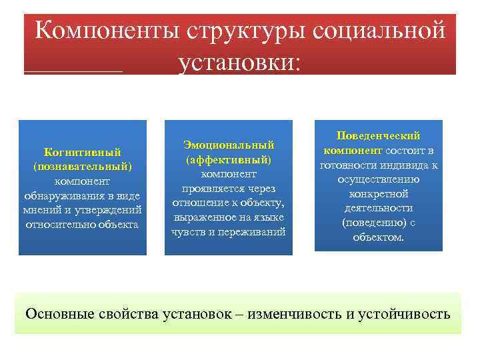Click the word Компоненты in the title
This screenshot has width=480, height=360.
click(107, 31)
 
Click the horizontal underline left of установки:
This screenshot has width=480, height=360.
click(73, 70)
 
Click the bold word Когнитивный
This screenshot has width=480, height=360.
click(82, 151)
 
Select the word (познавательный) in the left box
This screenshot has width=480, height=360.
click(82, 166)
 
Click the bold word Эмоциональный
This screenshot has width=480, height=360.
click(229, 145)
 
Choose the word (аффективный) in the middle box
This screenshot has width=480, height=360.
click(229, 159)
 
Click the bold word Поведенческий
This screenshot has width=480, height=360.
click(378, 135)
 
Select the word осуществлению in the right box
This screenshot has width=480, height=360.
click(378, 179)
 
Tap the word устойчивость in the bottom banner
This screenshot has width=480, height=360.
click(407, 313)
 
